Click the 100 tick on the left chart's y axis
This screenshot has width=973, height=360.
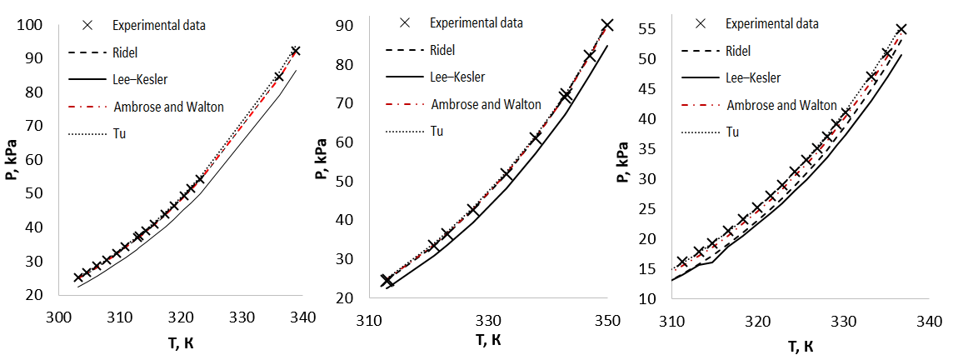(x=29, y=26)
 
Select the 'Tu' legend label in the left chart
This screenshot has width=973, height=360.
(x=120, y=133)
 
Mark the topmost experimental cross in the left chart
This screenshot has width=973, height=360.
(x=296, y=51)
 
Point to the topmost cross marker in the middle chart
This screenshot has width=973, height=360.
(x=607, y=26)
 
